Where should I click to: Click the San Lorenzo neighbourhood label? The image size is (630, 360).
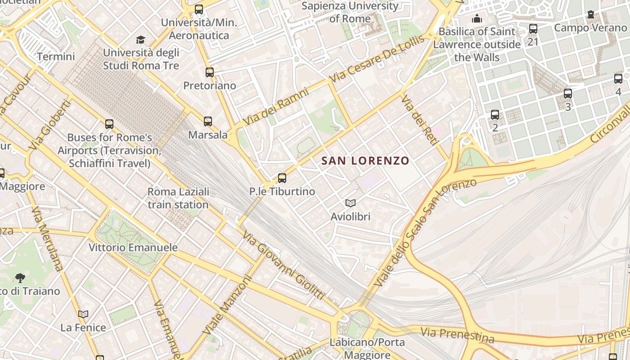(365, 161)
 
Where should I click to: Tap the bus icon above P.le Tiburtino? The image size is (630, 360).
(282, 178)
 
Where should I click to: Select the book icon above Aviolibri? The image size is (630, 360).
(351, 203)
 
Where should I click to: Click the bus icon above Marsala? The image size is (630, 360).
(207, 121)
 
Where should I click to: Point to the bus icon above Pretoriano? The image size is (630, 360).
(209, 72)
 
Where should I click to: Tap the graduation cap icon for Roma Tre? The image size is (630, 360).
(141, 40)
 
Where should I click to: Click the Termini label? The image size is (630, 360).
(56, 57)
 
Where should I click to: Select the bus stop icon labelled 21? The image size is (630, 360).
(533, 29)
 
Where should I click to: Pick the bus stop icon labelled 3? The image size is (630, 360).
(568, 94)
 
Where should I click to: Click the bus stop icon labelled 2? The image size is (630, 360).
(495, 115)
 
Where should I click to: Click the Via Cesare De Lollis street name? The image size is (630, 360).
(377, 59)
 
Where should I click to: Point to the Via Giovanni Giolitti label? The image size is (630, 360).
(283, 265)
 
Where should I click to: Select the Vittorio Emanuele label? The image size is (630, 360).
(133, 247)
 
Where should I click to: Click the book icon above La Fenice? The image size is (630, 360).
(83, 314)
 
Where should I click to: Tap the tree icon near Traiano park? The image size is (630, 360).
(20, 278)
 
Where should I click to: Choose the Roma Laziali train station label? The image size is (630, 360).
(178, 198)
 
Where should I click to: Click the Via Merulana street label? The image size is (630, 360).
(47, 238)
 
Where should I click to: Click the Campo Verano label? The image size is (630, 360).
(590, 27)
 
